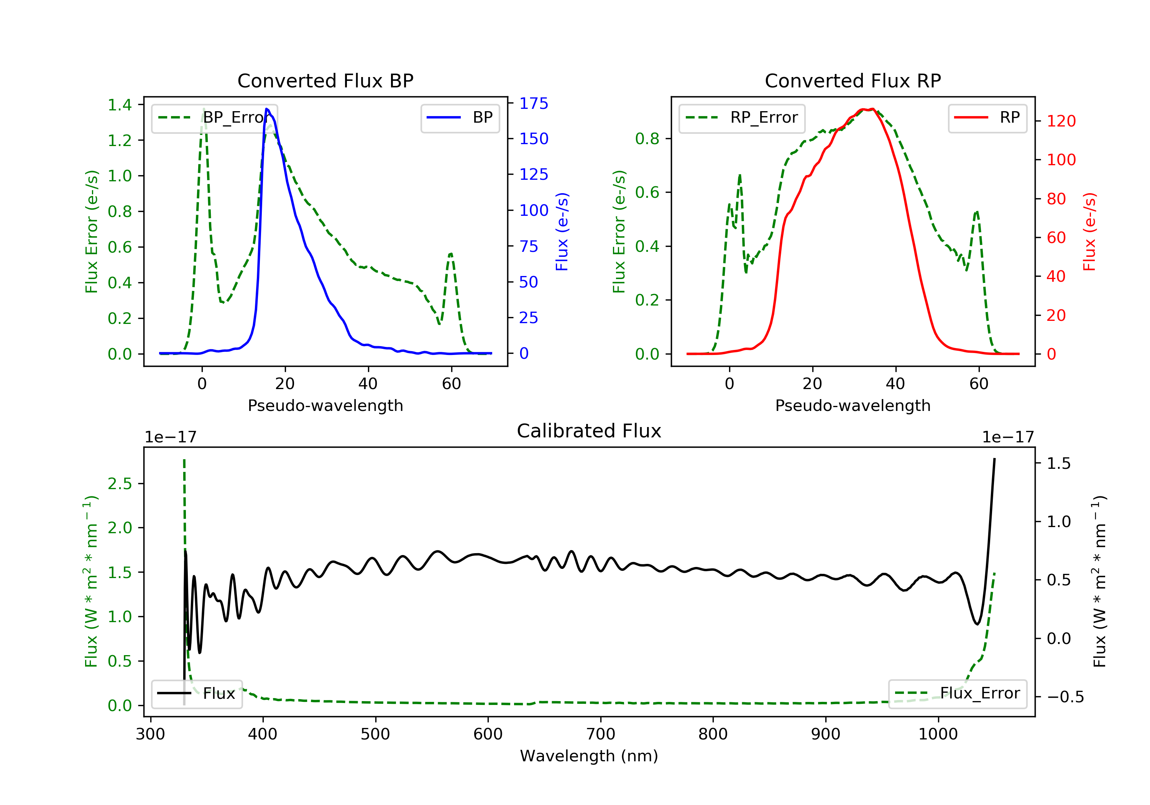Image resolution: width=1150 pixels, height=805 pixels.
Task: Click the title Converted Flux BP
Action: coord(325,80)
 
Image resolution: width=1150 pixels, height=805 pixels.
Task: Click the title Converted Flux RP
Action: coord(853,80)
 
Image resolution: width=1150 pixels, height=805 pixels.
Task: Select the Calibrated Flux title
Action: coord(589,431)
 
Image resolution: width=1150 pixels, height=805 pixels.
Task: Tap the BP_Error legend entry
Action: coord(214,118)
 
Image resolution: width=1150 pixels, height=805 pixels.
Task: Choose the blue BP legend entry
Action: coord(460,118)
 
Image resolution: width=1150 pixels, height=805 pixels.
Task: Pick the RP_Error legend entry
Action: coord(741,118)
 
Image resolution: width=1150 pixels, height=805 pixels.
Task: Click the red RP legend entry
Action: coord(987,118)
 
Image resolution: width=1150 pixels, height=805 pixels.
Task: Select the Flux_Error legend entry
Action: coord(957,693)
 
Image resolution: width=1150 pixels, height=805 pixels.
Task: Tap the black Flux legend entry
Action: coord(196,694)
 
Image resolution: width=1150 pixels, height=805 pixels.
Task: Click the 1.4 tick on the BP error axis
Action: coord(120,105)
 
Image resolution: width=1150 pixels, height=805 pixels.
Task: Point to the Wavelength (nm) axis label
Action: coord(589,756)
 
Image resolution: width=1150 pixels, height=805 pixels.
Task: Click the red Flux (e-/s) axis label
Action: coord(1089,232)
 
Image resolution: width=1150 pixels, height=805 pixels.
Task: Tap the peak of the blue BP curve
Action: coord(267,109)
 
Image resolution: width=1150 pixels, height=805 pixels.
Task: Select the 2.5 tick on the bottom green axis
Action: coord(120,483)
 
